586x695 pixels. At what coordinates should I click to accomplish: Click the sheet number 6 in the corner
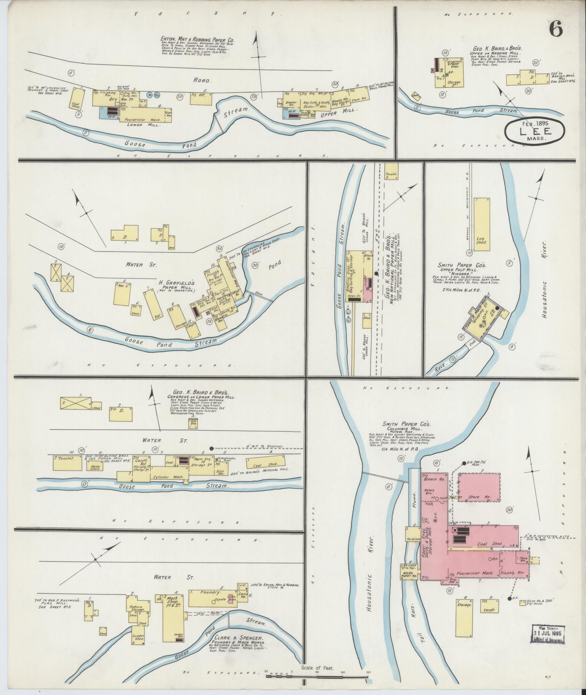556,29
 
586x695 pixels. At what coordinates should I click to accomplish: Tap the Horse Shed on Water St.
95,466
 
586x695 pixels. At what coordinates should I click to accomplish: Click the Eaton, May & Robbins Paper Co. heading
198,40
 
